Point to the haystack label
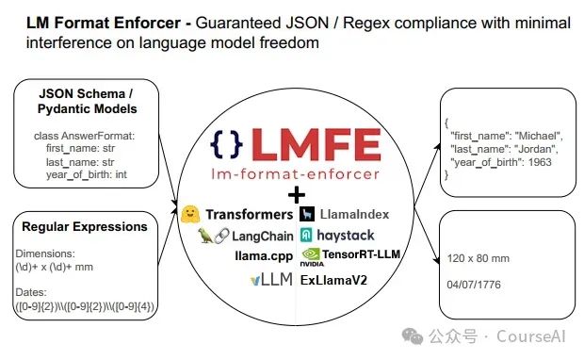pyautogui.click(x=346, y=235)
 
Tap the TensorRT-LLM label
pyautogui.click(x=355, y=254)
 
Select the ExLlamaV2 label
pyautogui.click(x=334, y=280)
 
